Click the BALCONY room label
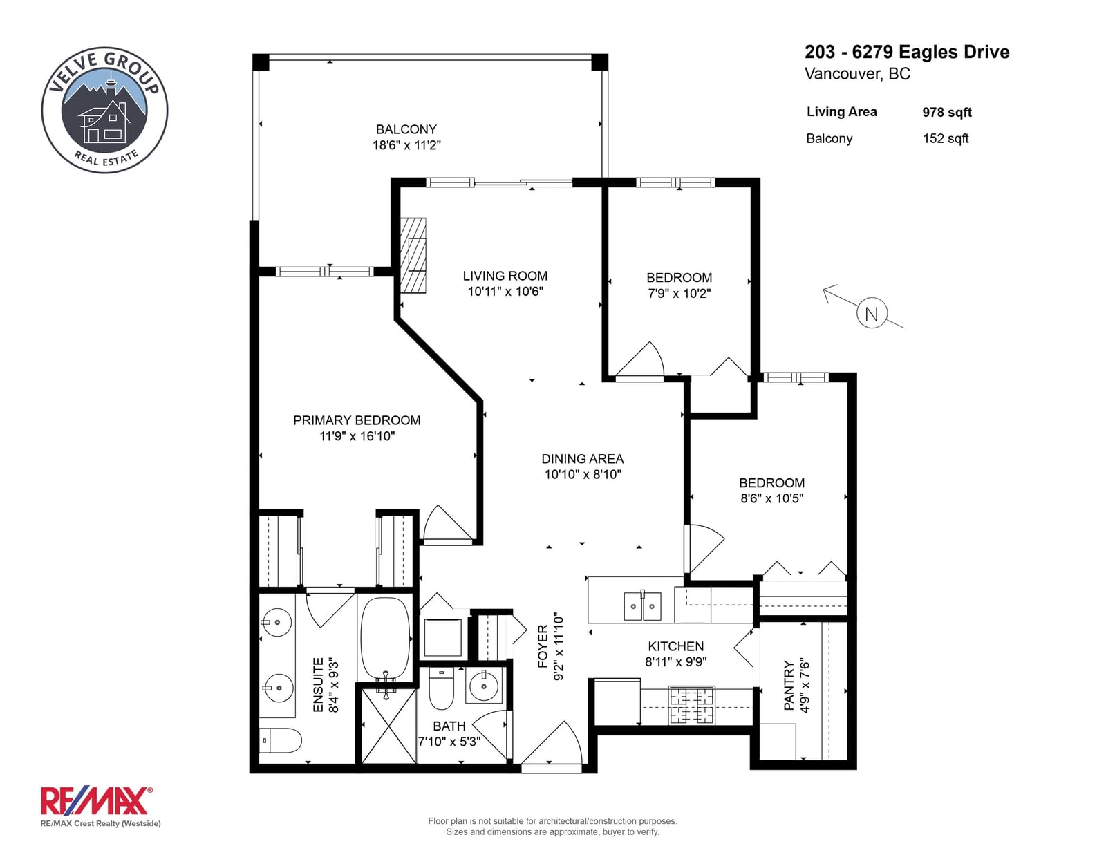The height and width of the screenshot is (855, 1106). point(406,129)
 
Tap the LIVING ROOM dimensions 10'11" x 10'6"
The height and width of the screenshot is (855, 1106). point(505,292)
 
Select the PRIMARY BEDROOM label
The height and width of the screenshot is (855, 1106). point(357,420)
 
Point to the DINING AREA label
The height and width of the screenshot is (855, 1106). point(582,459)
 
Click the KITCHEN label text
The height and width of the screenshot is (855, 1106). point(676,646)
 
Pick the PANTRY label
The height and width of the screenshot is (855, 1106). point(789,685)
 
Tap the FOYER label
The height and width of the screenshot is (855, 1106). point(543,646)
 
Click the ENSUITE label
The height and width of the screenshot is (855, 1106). point(318,684)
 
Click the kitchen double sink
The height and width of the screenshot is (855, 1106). point(643,605)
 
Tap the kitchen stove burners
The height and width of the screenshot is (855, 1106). point(692,706)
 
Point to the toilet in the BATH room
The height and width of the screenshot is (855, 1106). point(441,688)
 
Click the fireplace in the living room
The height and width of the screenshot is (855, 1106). point(413,256)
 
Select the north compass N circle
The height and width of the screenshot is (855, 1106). point(872,313)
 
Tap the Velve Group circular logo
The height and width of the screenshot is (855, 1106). point(105,110)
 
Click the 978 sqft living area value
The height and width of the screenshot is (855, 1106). point(947,113)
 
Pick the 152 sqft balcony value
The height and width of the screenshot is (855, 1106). point(946,138)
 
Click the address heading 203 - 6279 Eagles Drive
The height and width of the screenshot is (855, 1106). point(907,52)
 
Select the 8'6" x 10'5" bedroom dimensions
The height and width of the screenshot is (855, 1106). point(771,498)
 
